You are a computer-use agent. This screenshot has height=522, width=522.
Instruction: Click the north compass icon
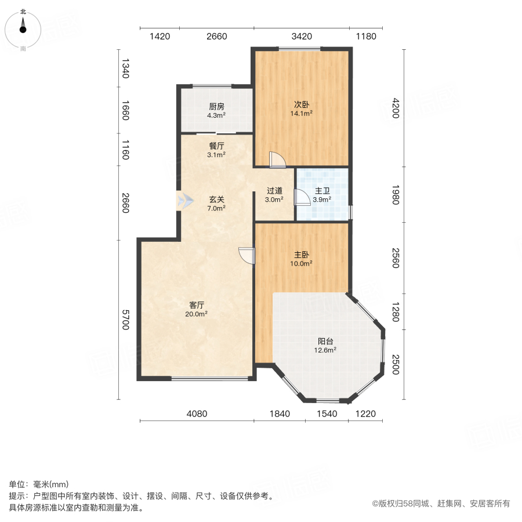[23, 26]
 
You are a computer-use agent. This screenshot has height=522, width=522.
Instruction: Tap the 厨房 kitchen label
[217, 110]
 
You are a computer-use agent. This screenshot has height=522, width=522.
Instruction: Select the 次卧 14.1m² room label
[302, 109]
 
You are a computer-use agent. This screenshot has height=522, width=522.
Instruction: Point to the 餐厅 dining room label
[217, 150]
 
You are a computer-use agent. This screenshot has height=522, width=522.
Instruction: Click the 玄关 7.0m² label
[217, 203]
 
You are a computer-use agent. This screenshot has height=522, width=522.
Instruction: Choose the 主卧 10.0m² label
[302, 259]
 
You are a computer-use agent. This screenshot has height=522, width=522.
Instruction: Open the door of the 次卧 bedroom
[277, 160]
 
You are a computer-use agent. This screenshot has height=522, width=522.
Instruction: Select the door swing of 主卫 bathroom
[302, 198]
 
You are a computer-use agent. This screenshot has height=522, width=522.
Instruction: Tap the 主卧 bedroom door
[247, 256]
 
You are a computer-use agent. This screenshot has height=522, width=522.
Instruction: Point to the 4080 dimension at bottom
[197, 414]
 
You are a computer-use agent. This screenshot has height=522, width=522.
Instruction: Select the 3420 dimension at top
[302, 37]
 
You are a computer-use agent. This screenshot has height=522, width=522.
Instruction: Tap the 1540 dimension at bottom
[326, 414]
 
